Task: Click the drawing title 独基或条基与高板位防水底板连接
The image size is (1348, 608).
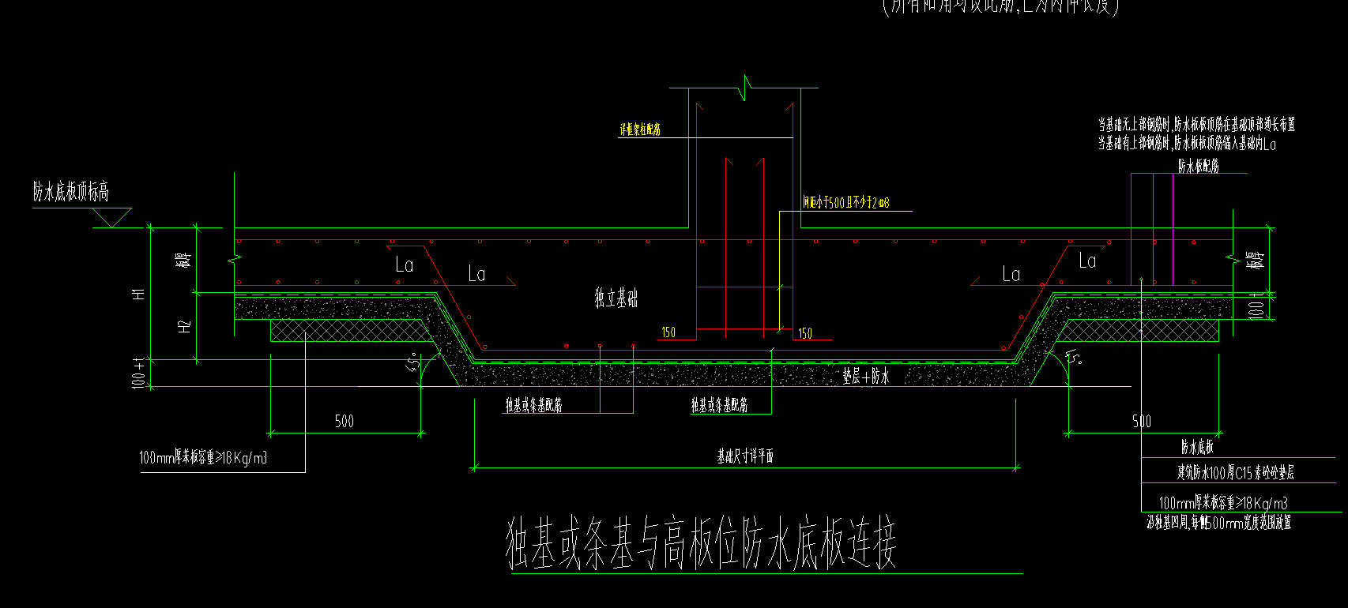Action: (702, 545)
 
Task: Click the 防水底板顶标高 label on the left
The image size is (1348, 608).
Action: (71, 192)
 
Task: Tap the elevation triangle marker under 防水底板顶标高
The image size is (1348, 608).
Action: (112, 217)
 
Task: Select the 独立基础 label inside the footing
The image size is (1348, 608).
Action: (616, 298)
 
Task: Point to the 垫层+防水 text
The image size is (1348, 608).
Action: (866, 377)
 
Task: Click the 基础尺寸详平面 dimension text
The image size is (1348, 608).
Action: (745, 456)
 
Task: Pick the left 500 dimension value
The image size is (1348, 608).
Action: (345, 422)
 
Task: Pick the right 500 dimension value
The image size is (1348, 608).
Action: (1142, 422)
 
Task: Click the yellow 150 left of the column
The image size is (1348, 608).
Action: (669, 333)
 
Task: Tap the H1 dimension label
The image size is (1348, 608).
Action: (140, 294)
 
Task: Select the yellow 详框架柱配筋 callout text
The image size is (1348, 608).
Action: (640, 129)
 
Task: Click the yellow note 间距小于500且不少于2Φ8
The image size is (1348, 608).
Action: (846, 203)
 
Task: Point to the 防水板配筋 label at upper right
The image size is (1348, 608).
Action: (1198, 166)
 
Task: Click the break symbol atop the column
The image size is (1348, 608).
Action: (744, 87)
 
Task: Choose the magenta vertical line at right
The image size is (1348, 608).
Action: (1173, 229)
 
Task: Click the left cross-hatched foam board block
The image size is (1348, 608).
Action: (348, 331)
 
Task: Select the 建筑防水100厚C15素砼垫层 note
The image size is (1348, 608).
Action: (1235, 473)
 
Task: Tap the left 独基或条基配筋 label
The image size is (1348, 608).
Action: (534, 405)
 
